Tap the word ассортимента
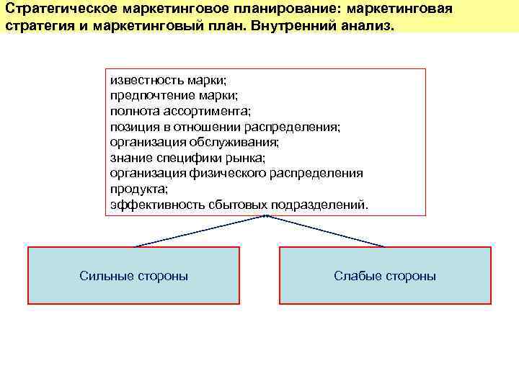205,111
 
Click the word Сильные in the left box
107,276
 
